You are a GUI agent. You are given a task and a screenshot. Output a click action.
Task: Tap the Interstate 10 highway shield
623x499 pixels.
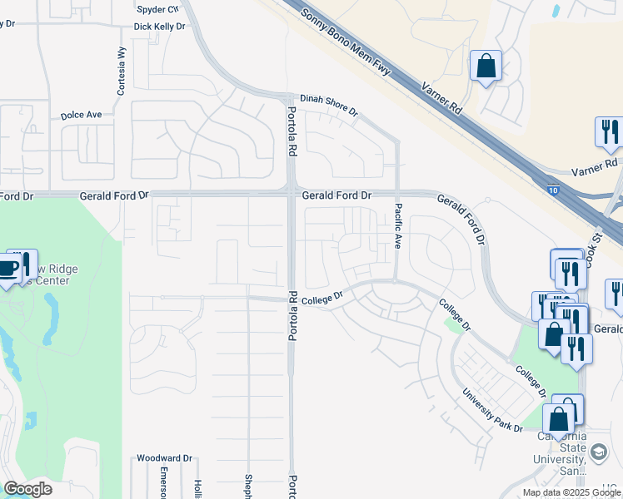554,190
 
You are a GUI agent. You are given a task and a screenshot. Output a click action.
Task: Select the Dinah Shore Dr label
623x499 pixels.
329,104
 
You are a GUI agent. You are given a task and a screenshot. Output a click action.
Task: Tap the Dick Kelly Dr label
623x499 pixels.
159,27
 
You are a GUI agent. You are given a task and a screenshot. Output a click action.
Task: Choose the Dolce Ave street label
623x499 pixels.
81,115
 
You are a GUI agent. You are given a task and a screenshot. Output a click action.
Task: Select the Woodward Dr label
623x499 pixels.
164,458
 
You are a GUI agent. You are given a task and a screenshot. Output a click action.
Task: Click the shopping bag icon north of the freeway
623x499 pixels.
486,65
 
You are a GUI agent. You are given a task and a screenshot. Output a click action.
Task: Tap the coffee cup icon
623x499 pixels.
8,268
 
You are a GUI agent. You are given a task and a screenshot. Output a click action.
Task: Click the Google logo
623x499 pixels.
27,489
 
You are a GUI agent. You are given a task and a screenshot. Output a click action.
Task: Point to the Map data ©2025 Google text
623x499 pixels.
572,492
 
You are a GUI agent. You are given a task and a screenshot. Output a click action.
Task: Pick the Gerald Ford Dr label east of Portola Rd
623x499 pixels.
336,195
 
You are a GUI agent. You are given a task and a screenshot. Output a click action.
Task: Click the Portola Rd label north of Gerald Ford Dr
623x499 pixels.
292,132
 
